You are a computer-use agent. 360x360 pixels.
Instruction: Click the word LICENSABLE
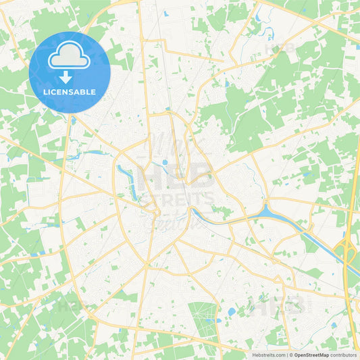pyautogui.click(x=70, y=92)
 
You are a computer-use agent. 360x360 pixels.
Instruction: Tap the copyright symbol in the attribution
pyautogui.click(x=291, y=355)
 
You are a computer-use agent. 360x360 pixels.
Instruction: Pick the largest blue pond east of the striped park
pyautogui.click(x=232, y=311)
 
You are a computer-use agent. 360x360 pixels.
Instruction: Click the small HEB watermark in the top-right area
pyautogui.click(x=280, y=49)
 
